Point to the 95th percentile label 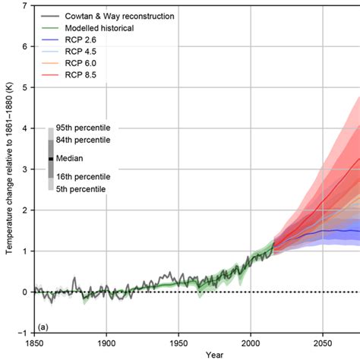[x=83, y=128]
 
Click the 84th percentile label [x=83, y=140]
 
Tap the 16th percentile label [x=83, y=176]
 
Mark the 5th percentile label [x=81, y=188]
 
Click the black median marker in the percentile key [x=50, y=158]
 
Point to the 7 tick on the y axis [x=26, y=6]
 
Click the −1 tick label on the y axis [x=24, y=333]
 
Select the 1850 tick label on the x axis [x=34, y=342]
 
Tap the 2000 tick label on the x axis [x=251, y=342]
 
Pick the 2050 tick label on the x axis [x=324, y=342]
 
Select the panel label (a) [x=43, y=327]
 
